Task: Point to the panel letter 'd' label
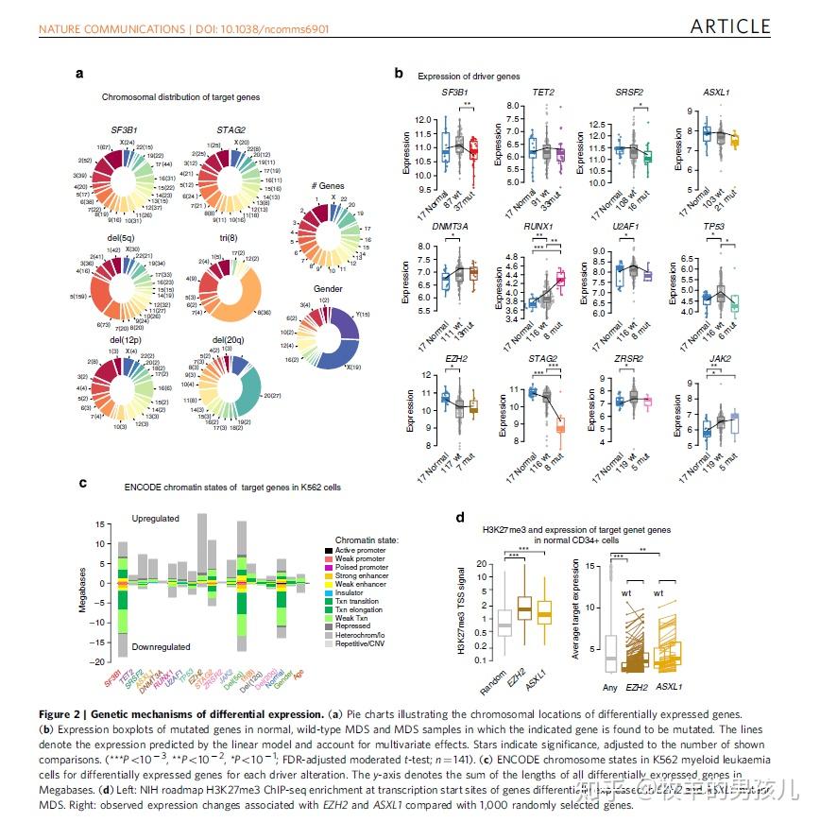click(x=459, y=517)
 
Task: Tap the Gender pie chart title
click(x=328, y=288)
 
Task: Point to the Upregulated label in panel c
click(x=156, y=520)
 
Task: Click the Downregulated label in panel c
click(x=161, y=647)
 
